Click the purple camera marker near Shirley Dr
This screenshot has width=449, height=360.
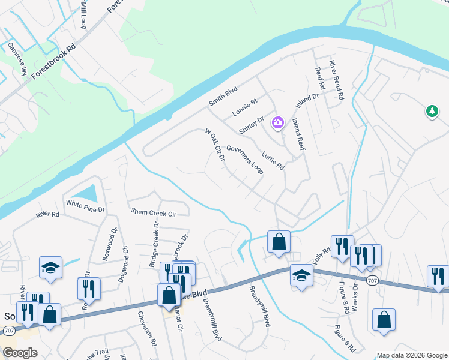[277, 122]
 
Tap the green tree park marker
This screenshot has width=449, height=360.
[431, 111]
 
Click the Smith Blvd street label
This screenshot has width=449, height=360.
[223, 95]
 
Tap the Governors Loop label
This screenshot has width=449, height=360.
[244, 160]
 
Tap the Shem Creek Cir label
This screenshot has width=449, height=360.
[154, 212]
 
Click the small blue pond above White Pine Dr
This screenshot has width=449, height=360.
[89, 193]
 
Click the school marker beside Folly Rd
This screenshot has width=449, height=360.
[301, 275]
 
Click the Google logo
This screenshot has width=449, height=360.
[20, 352]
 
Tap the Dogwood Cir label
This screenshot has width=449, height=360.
[125, 260]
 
